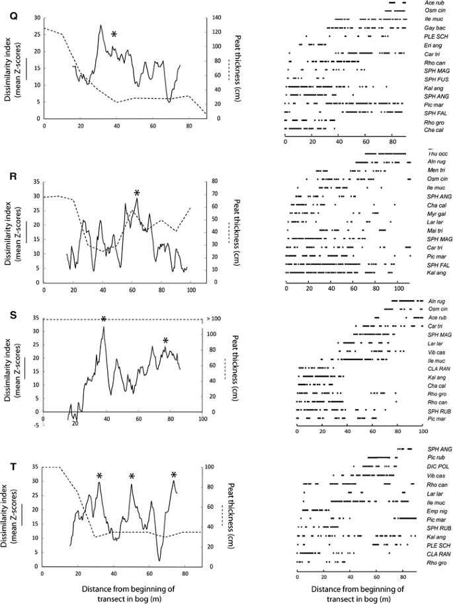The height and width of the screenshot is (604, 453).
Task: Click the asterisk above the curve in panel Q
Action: click(x=114, y=34)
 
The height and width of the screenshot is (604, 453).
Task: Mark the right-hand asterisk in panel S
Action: click(x=166, y=341)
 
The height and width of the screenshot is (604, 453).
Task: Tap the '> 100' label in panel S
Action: click(x=213, y=320)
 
